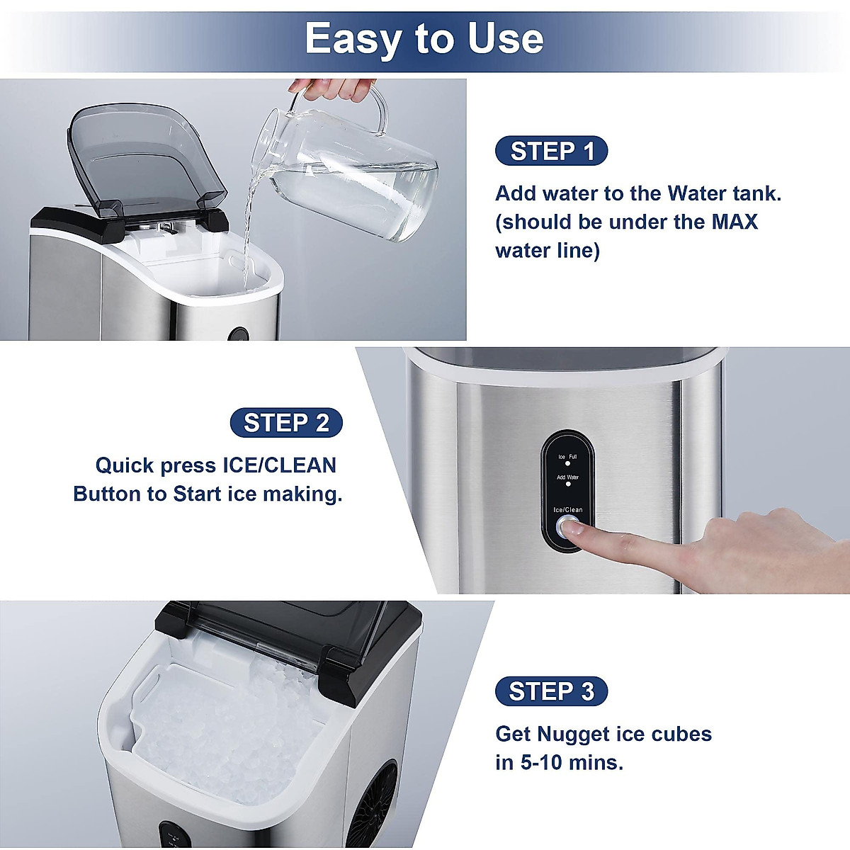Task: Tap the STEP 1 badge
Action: coord(552,151)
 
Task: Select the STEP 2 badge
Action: coord(286,423)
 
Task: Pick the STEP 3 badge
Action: coord(551,691)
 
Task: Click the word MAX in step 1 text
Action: coord(734,222)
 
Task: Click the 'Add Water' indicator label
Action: coord(567,477)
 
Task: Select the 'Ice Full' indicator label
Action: coord(567,458)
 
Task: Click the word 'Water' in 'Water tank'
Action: coord(683,193)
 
